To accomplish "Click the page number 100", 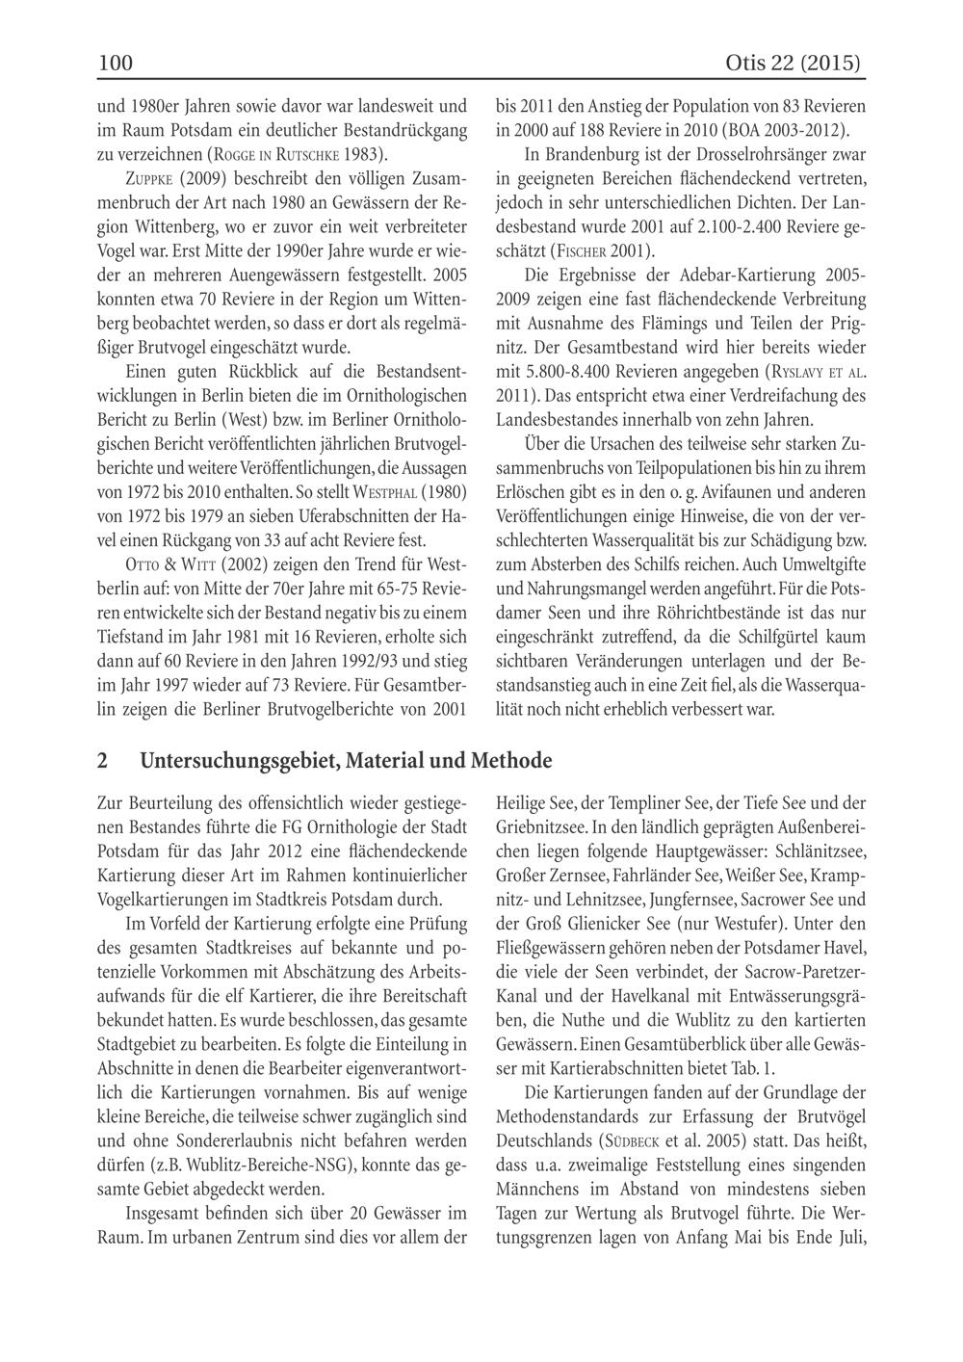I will point(115,64).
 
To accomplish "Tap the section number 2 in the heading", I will point(103,760).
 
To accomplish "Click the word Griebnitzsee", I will point(540,826).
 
